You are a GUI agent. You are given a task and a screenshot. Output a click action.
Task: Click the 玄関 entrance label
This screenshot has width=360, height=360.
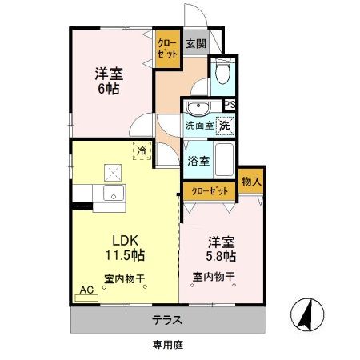coord(196,45)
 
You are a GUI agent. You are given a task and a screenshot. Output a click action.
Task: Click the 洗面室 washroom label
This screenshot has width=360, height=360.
coord(199,126)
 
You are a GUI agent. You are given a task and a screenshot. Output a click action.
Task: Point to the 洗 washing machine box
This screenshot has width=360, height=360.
coord(226,125)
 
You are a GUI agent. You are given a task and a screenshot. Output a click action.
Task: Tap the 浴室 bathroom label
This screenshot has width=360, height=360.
coord(198,160)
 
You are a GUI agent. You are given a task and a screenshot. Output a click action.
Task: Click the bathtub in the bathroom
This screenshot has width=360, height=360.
coord(224,159)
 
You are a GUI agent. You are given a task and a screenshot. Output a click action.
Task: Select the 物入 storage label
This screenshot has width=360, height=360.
coord(250,183)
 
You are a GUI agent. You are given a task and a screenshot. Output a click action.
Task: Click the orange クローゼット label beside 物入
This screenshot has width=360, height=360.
coord(210,191)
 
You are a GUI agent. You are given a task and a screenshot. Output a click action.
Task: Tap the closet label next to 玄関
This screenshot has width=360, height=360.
coord(166,50)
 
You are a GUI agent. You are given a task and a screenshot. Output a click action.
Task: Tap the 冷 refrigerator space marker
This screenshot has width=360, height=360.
coord(141,150)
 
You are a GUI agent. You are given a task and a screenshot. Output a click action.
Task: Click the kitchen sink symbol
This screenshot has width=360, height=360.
coord(112,193)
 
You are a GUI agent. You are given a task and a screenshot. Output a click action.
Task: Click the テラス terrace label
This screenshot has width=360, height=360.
coord(168,320)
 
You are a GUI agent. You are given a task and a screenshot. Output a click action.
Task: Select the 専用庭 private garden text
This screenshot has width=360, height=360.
coord(168,345)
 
